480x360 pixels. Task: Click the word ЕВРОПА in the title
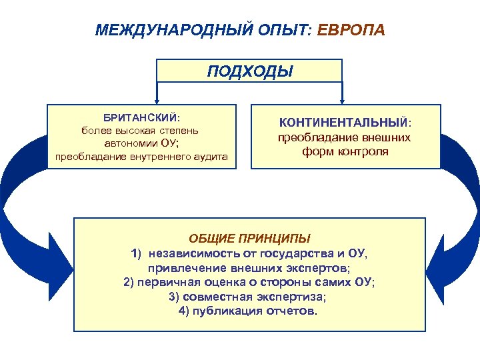(351, 31)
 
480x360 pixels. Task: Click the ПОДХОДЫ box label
(249, 71)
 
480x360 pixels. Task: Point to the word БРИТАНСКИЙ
(139, 117)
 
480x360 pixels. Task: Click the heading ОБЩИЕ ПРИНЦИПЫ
(249, 238)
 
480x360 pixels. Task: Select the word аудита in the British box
(209, 157)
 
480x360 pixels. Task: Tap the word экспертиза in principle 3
(294, 297)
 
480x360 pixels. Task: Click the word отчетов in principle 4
(293, 311)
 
